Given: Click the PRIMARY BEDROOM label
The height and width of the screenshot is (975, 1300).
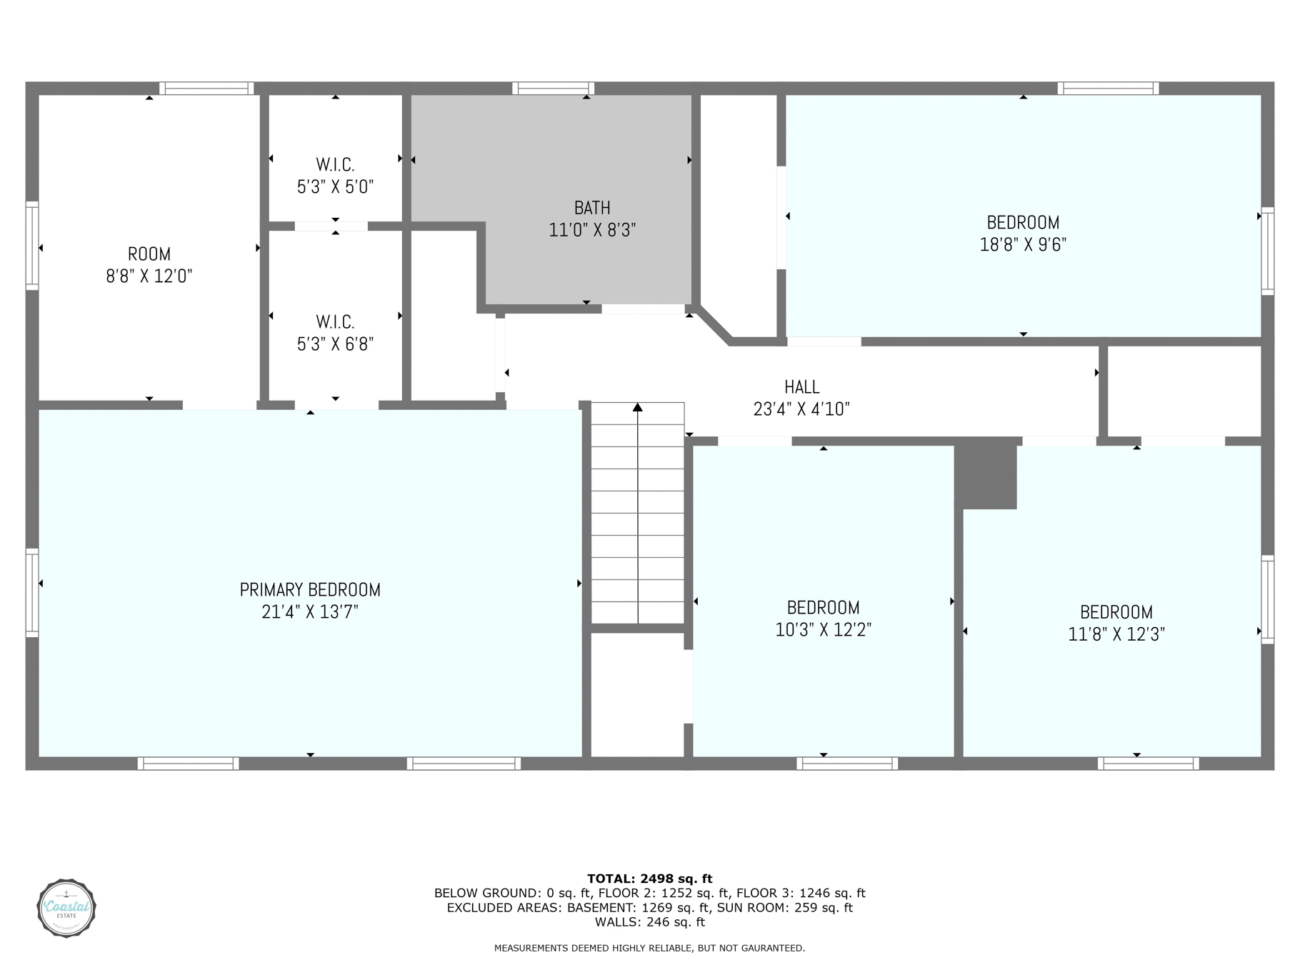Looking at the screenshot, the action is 310,589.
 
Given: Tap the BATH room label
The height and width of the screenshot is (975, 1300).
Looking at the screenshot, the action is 592,208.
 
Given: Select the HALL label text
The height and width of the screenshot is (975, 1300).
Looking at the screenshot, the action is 801,387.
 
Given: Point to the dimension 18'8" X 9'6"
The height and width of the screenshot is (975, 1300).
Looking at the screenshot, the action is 1023,244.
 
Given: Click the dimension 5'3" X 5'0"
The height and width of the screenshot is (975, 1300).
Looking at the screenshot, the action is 335,187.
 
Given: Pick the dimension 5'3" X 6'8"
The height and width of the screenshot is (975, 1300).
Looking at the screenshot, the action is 335,344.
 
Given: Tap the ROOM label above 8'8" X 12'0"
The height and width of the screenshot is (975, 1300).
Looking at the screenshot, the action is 149,254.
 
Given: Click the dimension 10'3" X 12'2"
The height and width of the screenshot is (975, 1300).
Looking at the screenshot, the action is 823,629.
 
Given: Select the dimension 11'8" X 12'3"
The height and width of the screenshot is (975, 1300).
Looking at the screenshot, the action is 1116,634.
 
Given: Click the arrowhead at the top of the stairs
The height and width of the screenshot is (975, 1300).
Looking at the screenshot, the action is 637,407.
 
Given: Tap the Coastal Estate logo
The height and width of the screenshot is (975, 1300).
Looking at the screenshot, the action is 66,908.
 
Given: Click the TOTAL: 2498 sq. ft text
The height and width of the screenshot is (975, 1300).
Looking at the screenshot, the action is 649,879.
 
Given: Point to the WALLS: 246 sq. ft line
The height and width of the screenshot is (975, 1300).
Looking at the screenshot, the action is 649,922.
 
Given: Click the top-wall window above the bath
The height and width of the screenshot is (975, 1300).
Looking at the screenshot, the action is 553,89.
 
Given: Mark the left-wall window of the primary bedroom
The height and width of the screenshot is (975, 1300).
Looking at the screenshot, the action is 32,592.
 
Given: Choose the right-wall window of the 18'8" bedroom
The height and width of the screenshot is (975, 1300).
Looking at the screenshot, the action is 1267,251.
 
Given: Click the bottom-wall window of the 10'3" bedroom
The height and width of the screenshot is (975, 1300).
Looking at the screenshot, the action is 847,764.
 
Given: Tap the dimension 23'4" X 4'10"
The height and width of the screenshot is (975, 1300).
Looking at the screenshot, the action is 801,409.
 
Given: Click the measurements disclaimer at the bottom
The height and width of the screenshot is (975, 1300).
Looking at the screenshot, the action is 649,949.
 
